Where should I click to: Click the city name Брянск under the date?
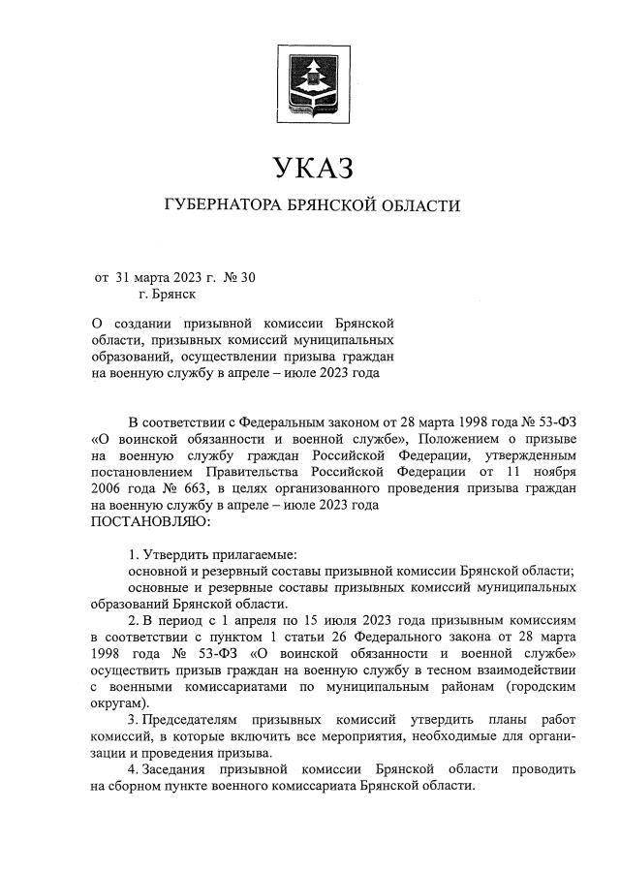pos(175,295)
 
